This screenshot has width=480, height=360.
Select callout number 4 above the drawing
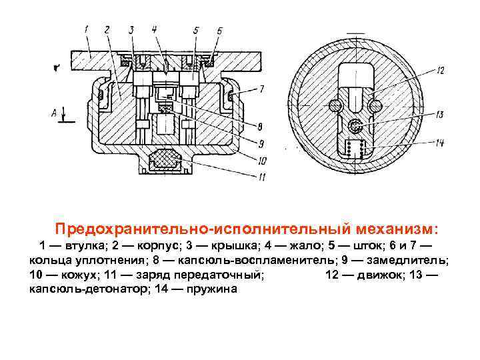[154, 29]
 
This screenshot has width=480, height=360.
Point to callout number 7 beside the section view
[261, 88]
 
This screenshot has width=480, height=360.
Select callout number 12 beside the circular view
[441, 69]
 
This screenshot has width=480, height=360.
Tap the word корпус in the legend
[160, 245]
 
